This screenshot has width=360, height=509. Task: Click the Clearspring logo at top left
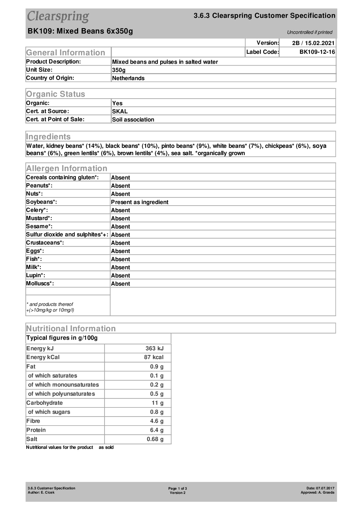(58, 17)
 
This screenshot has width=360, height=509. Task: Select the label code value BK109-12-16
(317, 52)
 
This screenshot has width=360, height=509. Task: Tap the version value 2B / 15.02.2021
(313, 43)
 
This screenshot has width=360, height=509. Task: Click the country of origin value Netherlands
(128, 78)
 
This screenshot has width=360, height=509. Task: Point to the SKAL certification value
(120, 111)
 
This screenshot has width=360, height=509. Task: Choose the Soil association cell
(133, 119)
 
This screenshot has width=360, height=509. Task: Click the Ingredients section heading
(48, 137)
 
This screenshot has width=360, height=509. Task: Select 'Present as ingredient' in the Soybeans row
(140, 202)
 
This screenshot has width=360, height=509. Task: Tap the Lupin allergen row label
(35, 275)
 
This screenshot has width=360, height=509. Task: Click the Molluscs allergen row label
(40, 284)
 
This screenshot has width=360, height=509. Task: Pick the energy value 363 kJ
(154, 349)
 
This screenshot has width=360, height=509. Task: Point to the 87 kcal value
(154, 357)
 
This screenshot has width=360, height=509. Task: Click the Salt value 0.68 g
(155, 439)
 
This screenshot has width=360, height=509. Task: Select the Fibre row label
(33, 421)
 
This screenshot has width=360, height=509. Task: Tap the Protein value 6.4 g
(157, 430)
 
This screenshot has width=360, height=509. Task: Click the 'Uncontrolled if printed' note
(310, 32)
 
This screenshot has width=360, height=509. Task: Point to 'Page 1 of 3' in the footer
(177, 488)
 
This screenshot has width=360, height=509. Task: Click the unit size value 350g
(119, 70)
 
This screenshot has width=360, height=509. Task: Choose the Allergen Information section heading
(67, 168)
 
